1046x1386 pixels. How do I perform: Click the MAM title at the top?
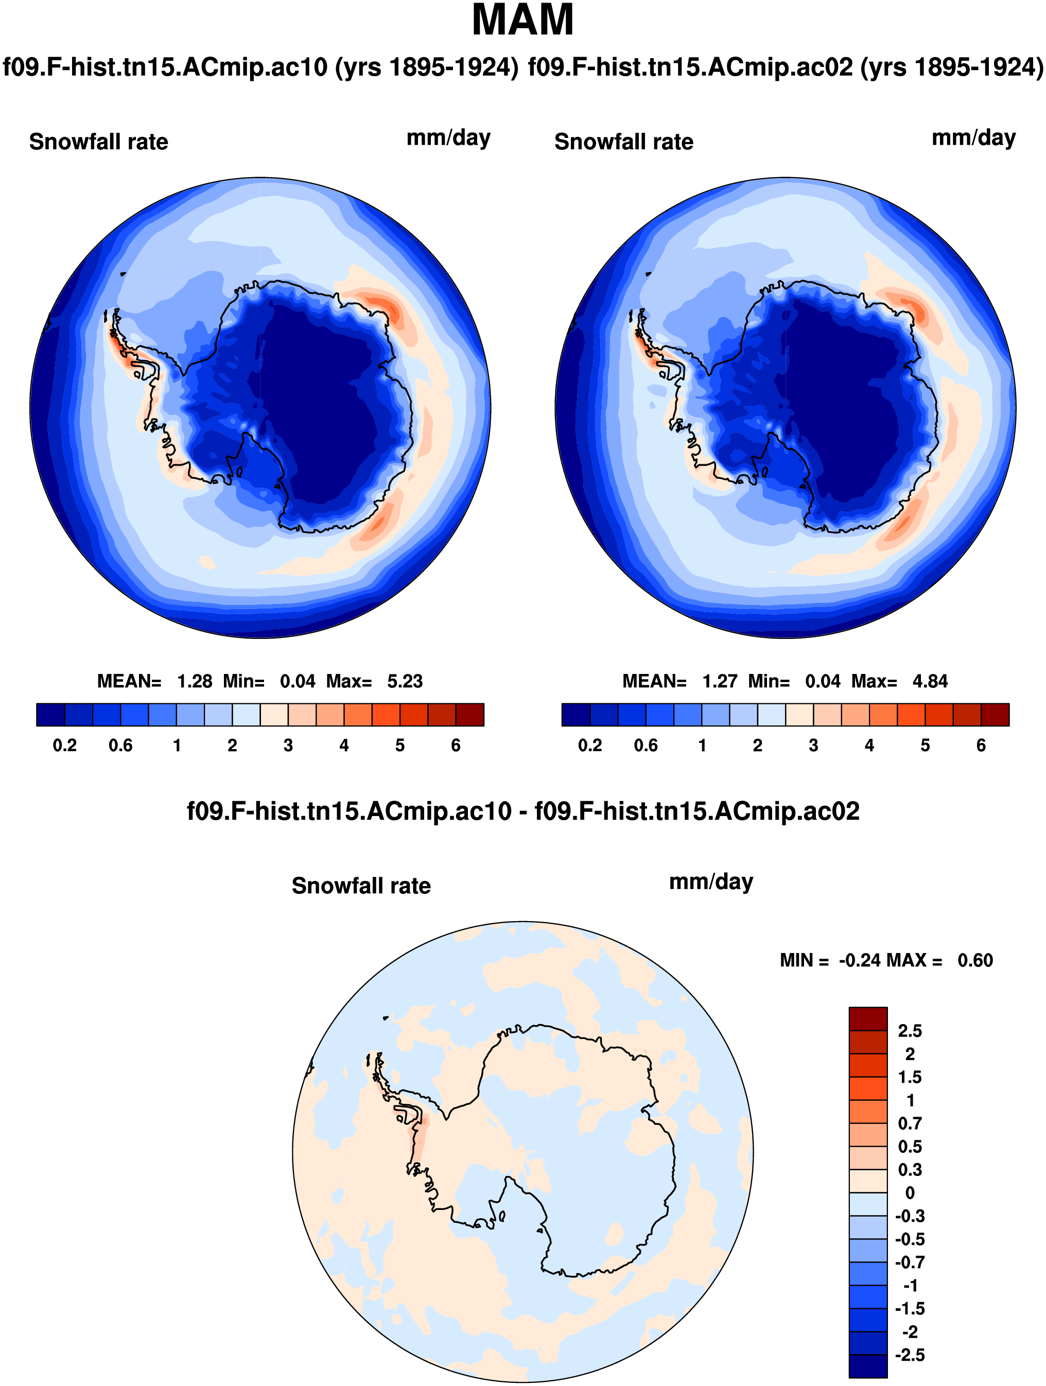click(x=522, y=21)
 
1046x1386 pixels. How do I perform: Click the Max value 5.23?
click(x=405, y=681)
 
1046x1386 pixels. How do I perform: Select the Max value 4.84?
click(x=930, y=681)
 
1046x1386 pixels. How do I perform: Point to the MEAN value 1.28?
click(x=194, y=681)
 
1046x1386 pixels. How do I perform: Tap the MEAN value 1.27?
click(x=720, y=681)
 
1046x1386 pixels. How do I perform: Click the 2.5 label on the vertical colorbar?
click(x=910, y=1031)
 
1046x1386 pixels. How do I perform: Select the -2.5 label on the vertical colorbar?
click(x=909, y=1355)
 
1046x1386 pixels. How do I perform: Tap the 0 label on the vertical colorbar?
click(x=910, y=1193)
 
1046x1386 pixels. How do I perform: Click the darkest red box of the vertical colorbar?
click(x=868, y=1019)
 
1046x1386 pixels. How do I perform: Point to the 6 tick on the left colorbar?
click(x=456, y=746)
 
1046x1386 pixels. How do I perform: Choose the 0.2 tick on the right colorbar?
click(x=590, y=746)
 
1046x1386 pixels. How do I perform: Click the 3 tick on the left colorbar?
click(x=288, y=746)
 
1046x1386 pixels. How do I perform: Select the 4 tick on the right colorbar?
click(x=869, y=746)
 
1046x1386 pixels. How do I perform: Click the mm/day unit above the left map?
click(x=448, y=138)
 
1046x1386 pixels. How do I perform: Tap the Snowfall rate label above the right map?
click(x=624, y=142)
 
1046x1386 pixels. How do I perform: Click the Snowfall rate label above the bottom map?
click(x=361, y=886)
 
